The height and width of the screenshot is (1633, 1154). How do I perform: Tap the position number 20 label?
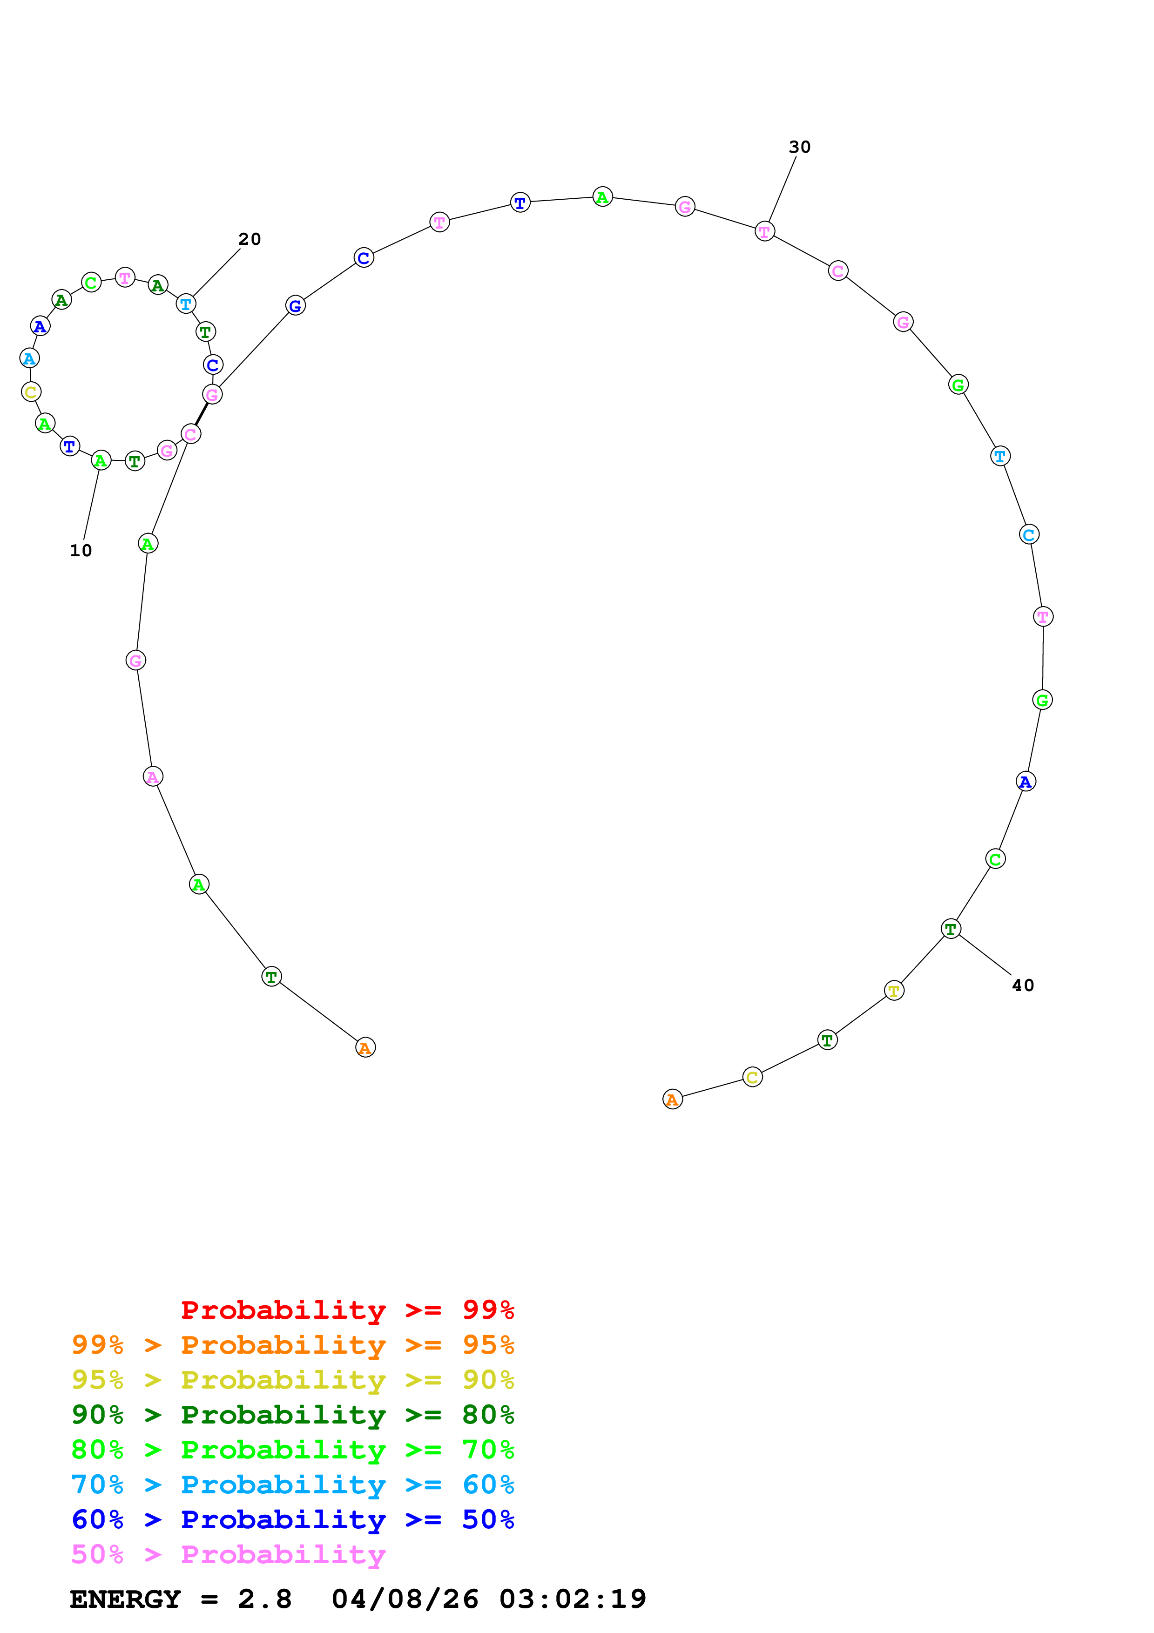pyautogui.click(x=250, y=239)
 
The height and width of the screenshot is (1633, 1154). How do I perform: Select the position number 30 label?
pyautogui.click(x=799, y=147)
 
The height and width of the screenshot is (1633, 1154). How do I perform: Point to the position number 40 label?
pyautogui.click(x=1022, y=985)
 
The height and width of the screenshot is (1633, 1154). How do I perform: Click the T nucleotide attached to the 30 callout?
pyautogui.click(x=764, y=231)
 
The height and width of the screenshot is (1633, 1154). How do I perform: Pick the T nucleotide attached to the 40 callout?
pyautogui.click(x=951, y=929)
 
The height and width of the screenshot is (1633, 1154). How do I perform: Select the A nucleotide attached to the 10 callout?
pyautogui.click(x=101, y=461)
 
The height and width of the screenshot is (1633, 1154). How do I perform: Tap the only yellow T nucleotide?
pyautogui.click(x=894, y=990)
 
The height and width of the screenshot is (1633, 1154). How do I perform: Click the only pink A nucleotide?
pyautogui.click(x=153, y=776)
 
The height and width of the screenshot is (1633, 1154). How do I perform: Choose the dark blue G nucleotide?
pyautogui.click(x=295, y=306)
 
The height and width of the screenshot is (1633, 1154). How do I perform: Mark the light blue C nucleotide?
pyautogui.click(x=1029, y=534)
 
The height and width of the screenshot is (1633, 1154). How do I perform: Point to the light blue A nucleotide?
pyautogui.click(x=29, y=358)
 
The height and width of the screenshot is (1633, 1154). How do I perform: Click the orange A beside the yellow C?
pyautogui.click(x=672, y=1100)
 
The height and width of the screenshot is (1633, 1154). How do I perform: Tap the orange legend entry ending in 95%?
pyautogui.click(x=293, y=1345)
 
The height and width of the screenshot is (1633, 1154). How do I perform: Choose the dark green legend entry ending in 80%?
pyautogui.click(x=293, y=1415)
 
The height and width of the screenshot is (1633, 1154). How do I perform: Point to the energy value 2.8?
pyautogui.click(x=264, y=1599)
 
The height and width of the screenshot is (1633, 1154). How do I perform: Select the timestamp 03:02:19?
pyautogui.click(x=573, y=1599)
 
